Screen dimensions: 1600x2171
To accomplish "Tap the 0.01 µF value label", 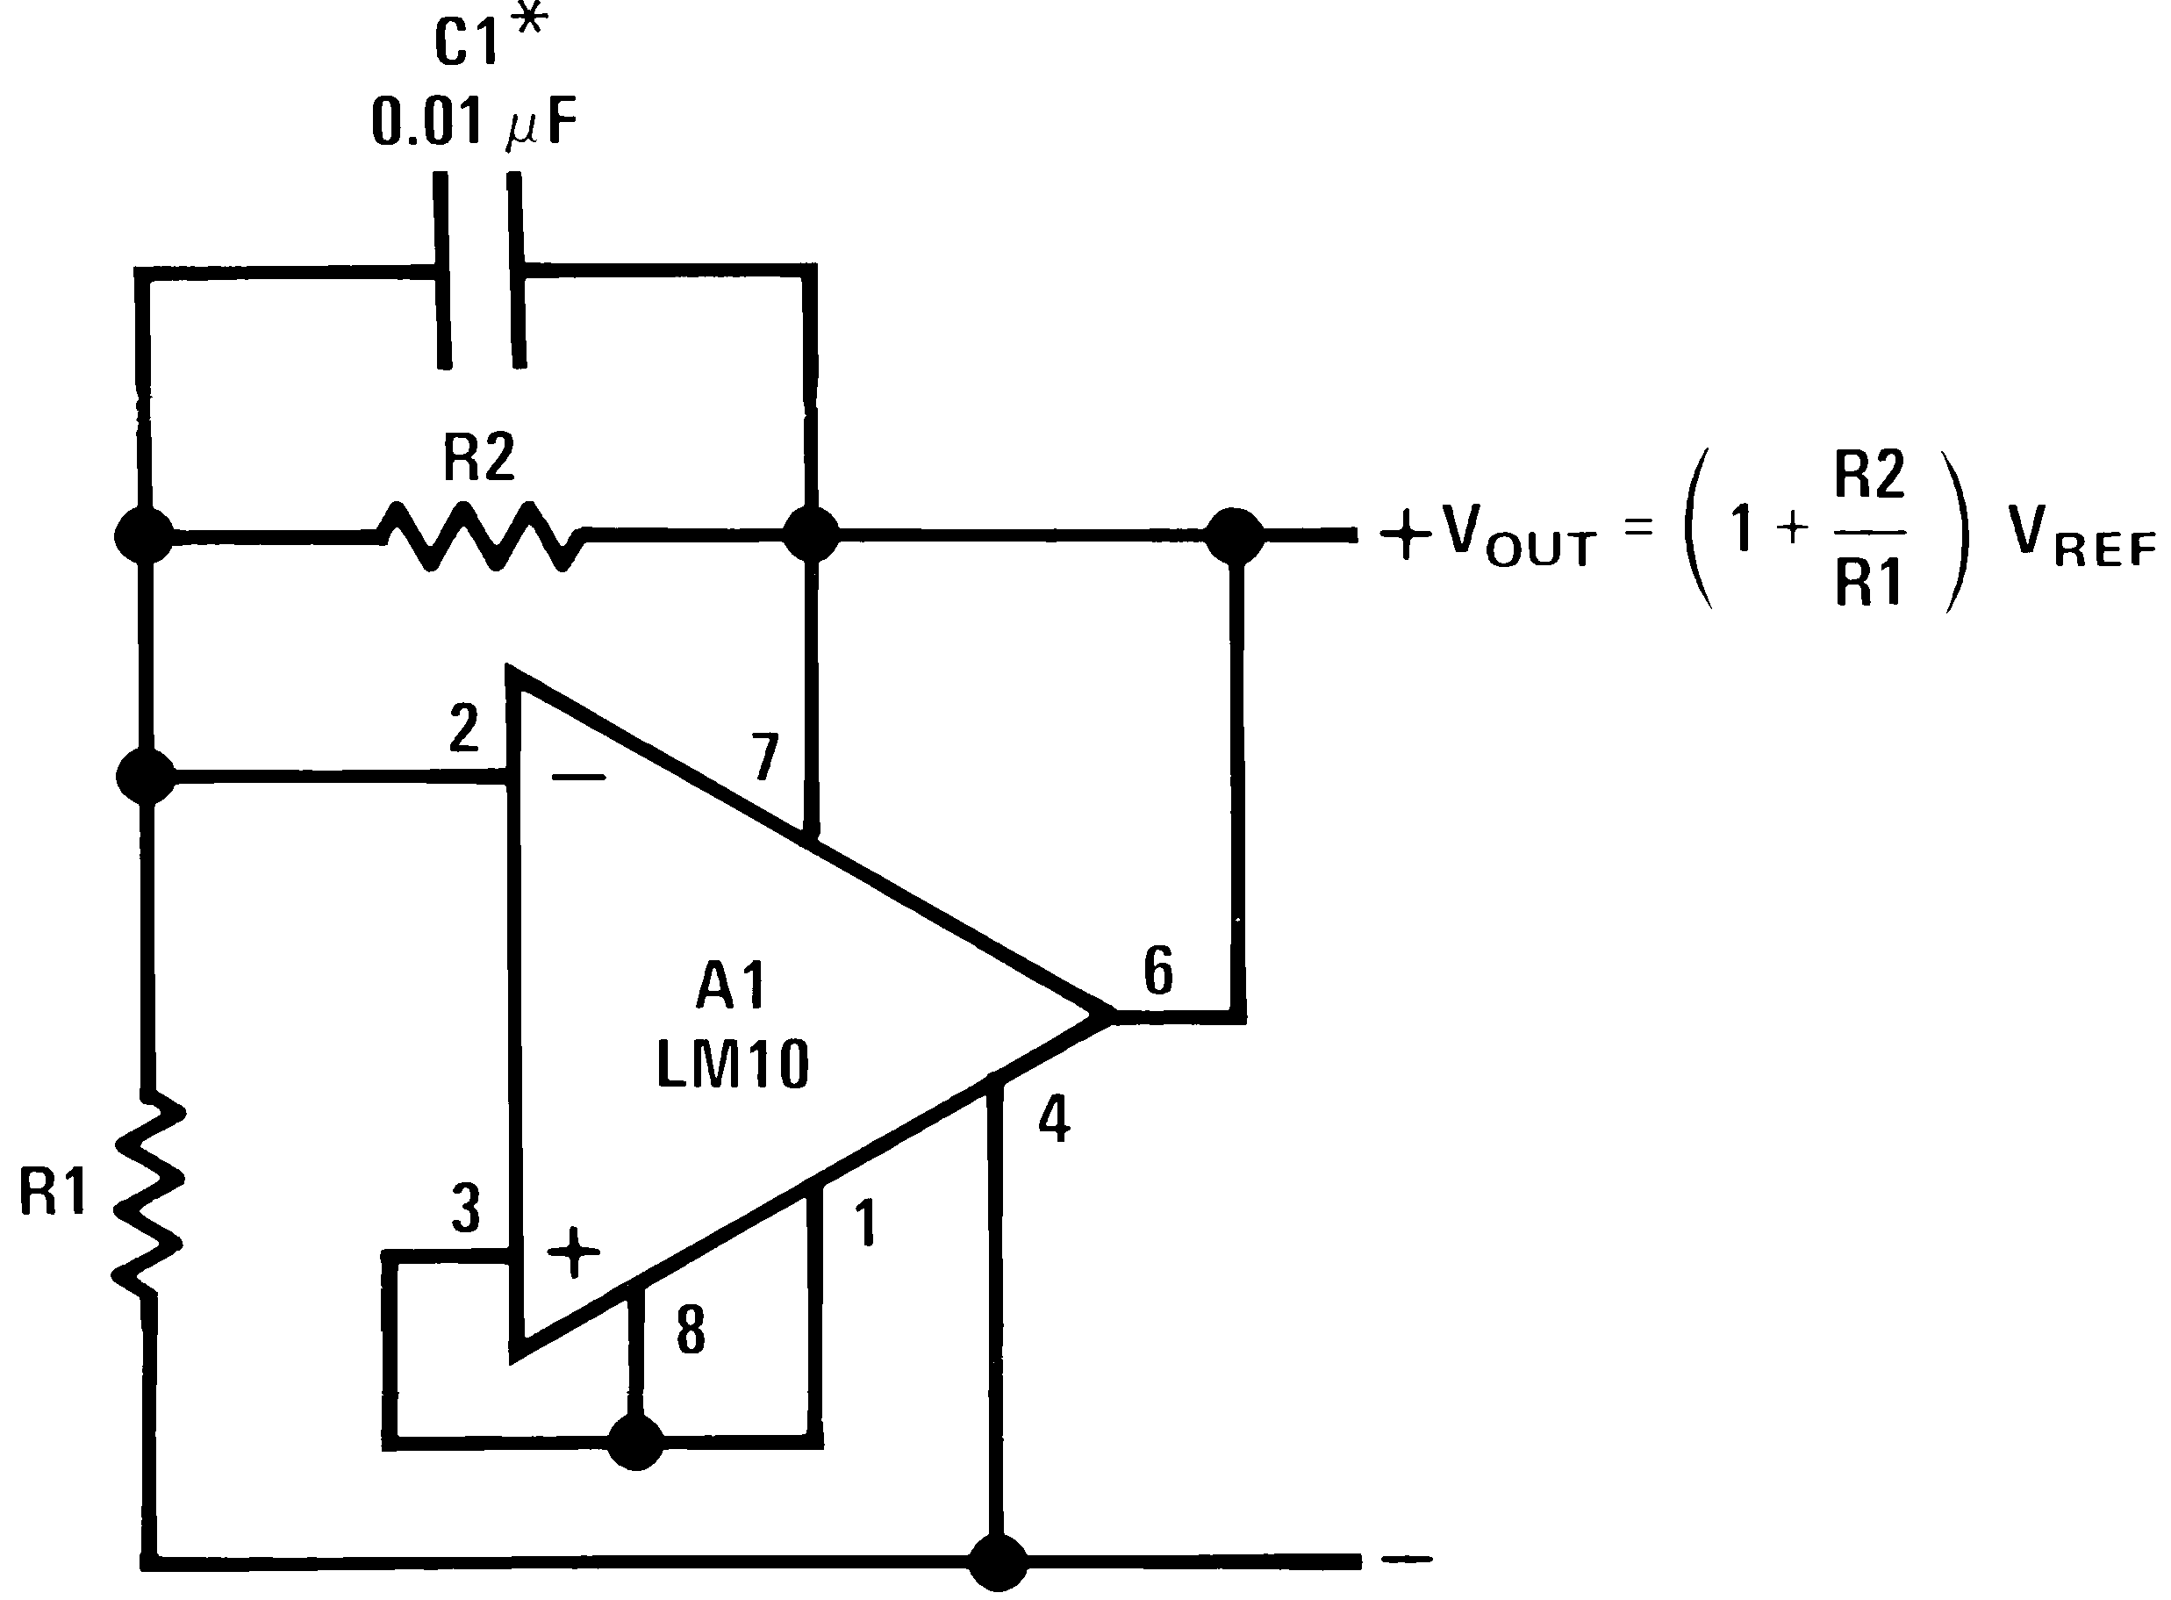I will tap(475, 123).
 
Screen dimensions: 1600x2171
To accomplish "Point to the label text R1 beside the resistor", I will tap(54, 1191).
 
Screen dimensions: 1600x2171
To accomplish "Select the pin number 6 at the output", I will tap(1159, 972).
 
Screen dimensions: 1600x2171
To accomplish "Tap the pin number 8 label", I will tap(691, 1331).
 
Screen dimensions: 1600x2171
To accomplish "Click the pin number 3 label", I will tap(466, 1209).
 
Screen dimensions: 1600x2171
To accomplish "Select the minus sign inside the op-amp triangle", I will tap(578, 777).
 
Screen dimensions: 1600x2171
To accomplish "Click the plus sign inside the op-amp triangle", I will tap(574, 1252).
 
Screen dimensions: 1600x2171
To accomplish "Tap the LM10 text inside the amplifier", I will tap(732, 1066).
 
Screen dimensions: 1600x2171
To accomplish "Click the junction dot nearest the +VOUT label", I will tap(1234, 535).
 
